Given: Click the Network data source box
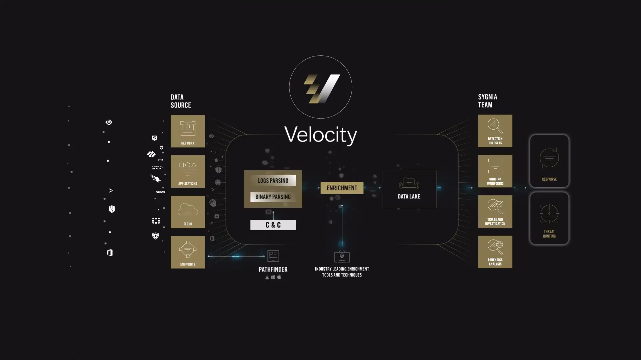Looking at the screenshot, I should [x=188, y=131].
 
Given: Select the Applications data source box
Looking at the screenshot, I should [x=188, y=171].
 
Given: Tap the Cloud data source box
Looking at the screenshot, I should [x=188, y=212].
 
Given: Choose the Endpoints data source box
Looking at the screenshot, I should [x=188, y=252].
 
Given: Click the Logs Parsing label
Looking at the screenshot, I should [x=273, y=181].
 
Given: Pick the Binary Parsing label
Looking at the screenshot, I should [x=273, y=197].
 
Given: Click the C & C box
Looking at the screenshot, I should [x=273, y=225].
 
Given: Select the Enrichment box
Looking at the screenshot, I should [x=342, y=188].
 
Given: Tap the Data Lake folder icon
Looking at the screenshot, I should [x=409, y=183].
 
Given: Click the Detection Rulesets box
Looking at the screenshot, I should [x=495, y=131].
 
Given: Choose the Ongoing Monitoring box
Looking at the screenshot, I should [x=495, y=171].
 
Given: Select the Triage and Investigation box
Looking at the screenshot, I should [x=495, y=211].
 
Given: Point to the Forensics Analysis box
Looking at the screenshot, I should [x=495, y=252].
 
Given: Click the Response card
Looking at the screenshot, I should [x=549, y=161].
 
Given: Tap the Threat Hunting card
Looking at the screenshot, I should [x=549, y=218].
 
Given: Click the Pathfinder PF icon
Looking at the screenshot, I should [x=273, y=256].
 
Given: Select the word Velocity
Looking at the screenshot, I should [x=320, y=135].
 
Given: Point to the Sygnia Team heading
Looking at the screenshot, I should [x=487, y=101].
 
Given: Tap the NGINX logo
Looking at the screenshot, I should [x=160, y=192].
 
